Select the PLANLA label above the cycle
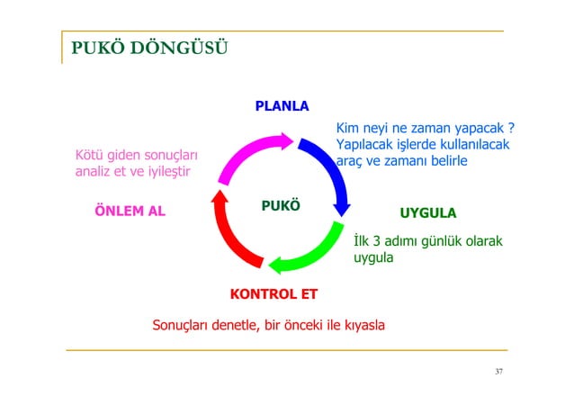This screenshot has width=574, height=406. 282,106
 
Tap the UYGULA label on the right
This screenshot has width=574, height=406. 427,213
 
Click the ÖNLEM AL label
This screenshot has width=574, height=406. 130,212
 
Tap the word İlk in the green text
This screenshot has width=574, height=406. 363,242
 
